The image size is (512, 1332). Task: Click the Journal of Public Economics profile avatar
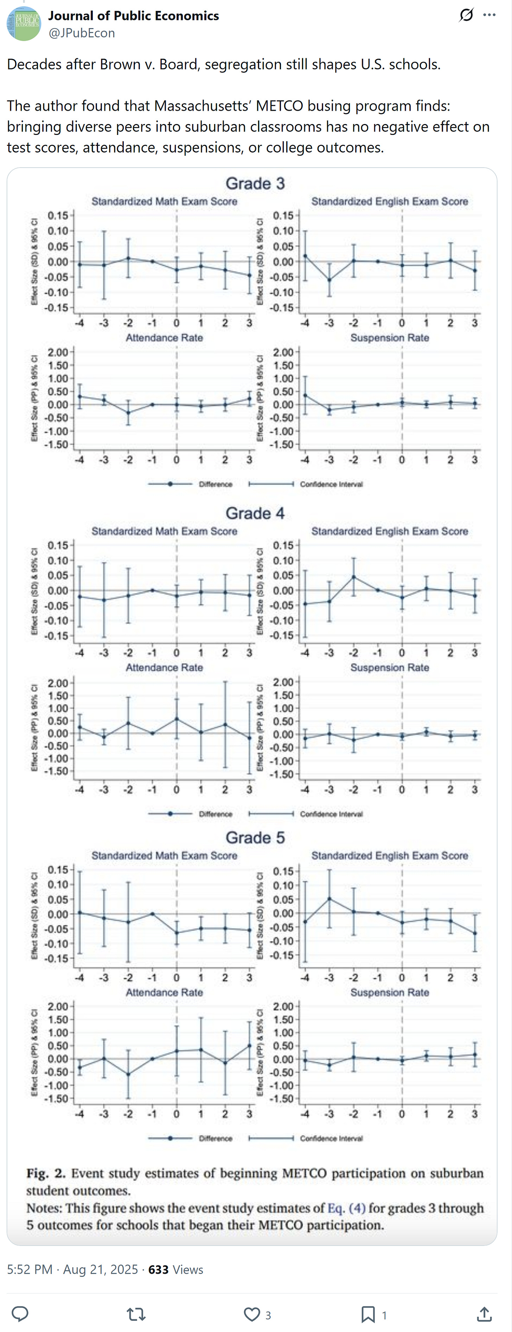[x=24, y=24]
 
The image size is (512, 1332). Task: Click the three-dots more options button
[x=489, y=15]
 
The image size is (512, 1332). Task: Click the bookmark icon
[x=368, y=1314]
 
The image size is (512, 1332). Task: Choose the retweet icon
[x=136, y=1314]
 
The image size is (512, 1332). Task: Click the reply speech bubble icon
[x=20, y=1314]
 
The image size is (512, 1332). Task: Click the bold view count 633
[x=158, y=1269]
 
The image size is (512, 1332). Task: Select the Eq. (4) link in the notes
[x=346, y=1208]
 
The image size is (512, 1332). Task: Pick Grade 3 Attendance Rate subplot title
[x=164, y=338]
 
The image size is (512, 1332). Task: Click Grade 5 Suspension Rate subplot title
[x=389, y=992]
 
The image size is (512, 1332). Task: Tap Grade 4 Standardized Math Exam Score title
[x=164, y=531]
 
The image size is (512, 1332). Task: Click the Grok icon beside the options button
[x=466, y=15]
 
